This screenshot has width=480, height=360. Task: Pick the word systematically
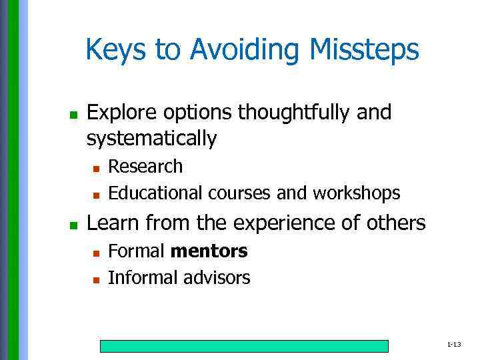tap(151, 139)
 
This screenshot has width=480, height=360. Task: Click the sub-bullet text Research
tap(145, 166)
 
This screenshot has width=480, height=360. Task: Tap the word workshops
tap(357, 193)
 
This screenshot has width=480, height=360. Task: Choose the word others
tap(394, 223)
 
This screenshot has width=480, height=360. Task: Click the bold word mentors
tap(209, 251)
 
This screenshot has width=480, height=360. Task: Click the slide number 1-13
tap(454, 345)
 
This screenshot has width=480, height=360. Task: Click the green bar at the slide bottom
tap(244, 346)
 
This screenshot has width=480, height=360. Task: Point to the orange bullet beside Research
tap(96, 168)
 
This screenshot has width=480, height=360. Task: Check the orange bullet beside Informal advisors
tap(96, 280)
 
